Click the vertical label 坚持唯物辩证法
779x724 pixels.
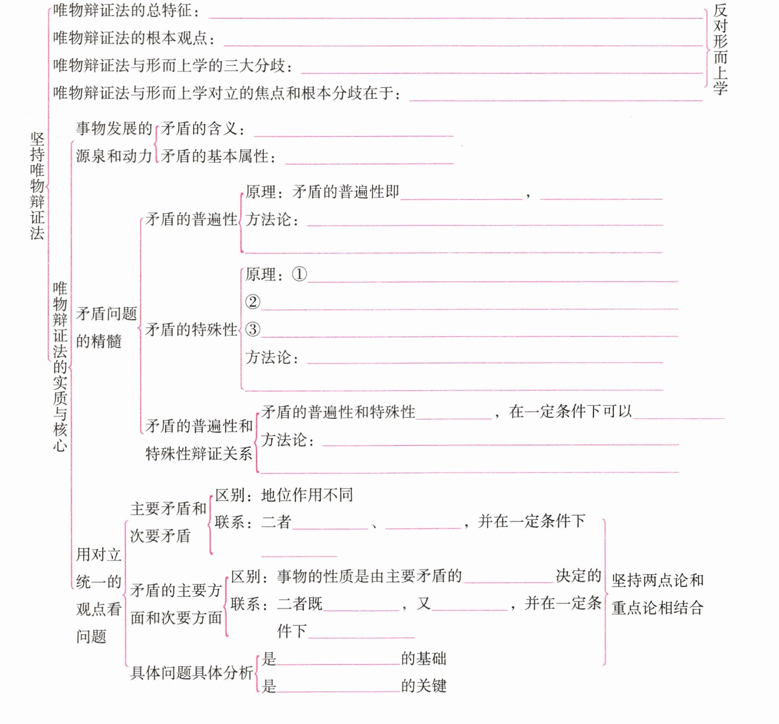click(37, 186)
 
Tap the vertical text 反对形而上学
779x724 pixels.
click(720, 49)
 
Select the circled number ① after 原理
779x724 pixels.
click(299, 274)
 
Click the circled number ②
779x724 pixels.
click(253, 302)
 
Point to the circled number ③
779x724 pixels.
click(253, 330)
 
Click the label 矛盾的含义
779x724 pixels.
click(199, 129)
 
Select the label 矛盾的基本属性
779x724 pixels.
click(215, 156)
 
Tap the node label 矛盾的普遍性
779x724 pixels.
click(191, 219)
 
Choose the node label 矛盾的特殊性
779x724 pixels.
click(191, 330)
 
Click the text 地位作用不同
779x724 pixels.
click(307, 495)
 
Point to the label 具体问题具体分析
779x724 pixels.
click(191, 673)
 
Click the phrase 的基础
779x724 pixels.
click(423, 659)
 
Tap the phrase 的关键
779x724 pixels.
click(423, 686)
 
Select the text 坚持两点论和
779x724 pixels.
click(657, 580)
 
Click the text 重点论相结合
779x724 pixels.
click(657, 608)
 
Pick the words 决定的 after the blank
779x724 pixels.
click(578, 576)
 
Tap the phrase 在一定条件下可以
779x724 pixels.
click(570, 412)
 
